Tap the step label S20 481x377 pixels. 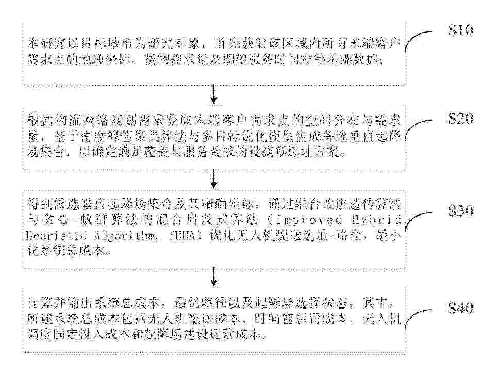[x=460, y=118]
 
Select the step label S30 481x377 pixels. [x=460, y=211]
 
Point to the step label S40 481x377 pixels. [x=460, y=307]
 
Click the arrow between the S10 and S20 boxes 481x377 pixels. [x=214, y=94]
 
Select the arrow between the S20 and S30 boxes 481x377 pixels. [x=214, y=180]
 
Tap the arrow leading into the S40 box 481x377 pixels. [x=214, y=277]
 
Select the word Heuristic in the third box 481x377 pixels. [x=56, y=236]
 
